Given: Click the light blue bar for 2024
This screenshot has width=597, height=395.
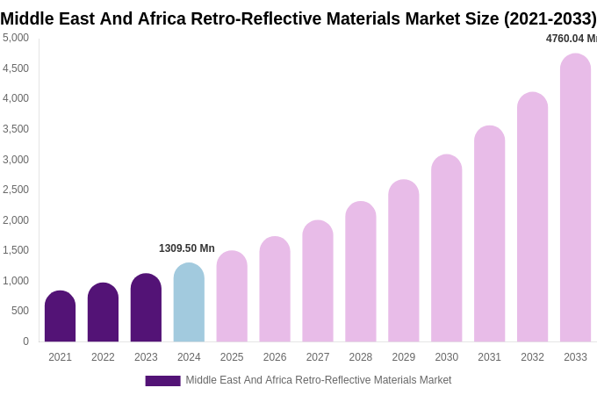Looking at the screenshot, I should click(x=189, y=303).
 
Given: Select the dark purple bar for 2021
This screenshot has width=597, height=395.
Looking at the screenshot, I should click(x=60, y=317).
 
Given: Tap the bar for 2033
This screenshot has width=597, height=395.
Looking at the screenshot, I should click(x=575, y=197).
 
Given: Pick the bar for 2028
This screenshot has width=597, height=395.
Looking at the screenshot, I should click(x=360, y=272).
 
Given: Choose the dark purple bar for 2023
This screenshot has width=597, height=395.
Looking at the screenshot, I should click(x=146, y=308).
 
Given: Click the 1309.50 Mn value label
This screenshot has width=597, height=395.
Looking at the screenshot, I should click(x=186, y=248).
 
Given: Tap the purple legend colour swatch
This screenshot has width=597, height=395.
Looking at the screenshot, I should click(x=162, y=381).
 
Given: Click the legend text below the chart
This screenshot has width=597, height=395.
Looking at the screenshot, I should click(x=318, y=380).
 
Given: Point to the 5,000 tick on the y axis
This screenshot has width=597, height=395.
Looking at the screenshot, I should click(x=16, y=38).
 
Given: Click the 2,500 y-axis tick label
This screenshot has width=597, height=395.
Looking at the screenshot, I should click(x=16, y=190).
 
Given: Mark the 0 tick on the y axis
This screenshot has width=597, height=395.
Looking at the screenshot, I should click(x=25, y=341).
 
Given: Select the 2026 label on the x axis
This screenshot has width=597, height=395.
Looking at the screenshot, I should click(x=275, y=357).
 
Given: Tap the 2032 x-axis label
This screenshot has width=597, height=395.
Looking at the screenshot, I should click(x=532, y=357).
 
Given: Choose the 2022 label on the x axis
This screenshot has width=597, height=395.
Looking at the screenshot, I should click(x=103, y=357).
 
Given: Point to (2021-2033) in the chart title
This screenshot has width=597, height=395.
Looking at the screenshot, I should click(x=550, y=18).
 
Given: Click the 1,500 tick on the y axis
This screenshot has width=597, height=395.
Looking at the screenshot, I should click(x=16, y=250).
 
